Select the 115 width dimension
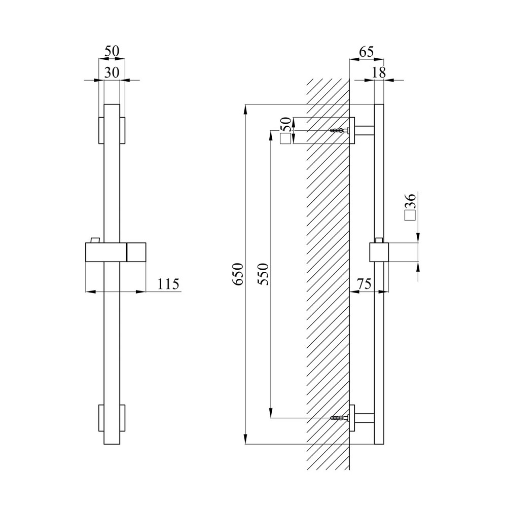(168, 284)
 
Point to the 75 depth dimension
(364, 284)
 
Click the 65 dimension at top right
(367, 52)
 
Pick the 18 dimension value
(379, 73)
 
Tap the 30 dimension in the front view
(112, 73)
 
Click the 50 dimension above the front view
(112, 51)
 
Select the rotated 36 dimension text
(410, 202)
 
